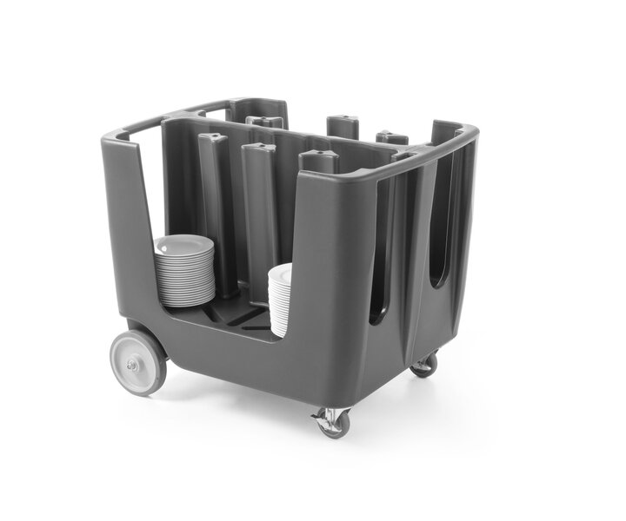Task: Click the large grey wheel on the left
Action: [138, 362]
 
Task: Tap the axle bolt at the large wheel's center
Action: [132, 365]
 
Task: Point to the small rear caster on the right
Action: [424, 364]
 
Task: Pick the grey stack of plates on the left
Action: [184, 271]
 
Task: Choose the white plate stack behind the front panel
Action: [280, 300]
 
